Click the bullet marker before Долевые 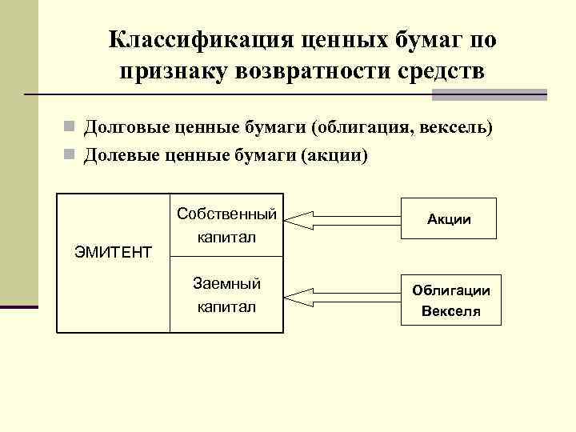[70, 154]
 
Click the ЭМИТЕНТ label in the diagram [113, 253]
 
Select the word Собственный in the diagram [227, 214]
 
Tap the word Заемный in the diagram [227, 283]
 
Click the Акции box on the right [449, 218]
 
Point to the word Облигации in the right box [451, 291]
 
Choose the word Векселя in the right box [451, 310]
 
